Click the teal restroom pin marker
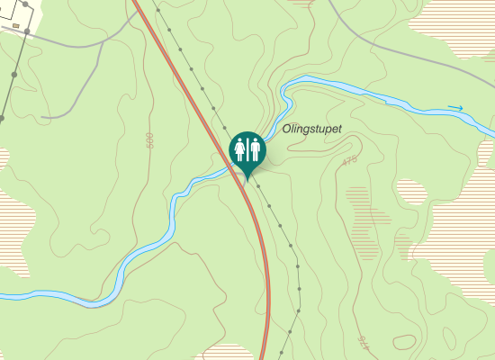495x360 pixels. [x=247, y=151]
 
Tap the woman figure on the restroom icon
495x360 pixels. [x=240, y=148]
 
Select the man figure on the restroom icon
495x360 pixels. [x=255, y=148]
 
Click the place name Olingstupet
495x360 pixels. [x=311, y=130]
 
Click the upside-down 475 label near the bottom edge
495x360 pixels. [x=364, y=341]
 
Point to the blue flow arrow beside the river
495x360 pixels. [x=456, y=109]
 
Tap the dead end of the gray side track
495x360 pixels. [x=42, y=117]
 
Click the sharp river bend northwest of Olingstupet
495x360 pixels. [x=284, y=90]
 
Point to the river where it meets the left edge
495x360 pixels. [x=3, y=295]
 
